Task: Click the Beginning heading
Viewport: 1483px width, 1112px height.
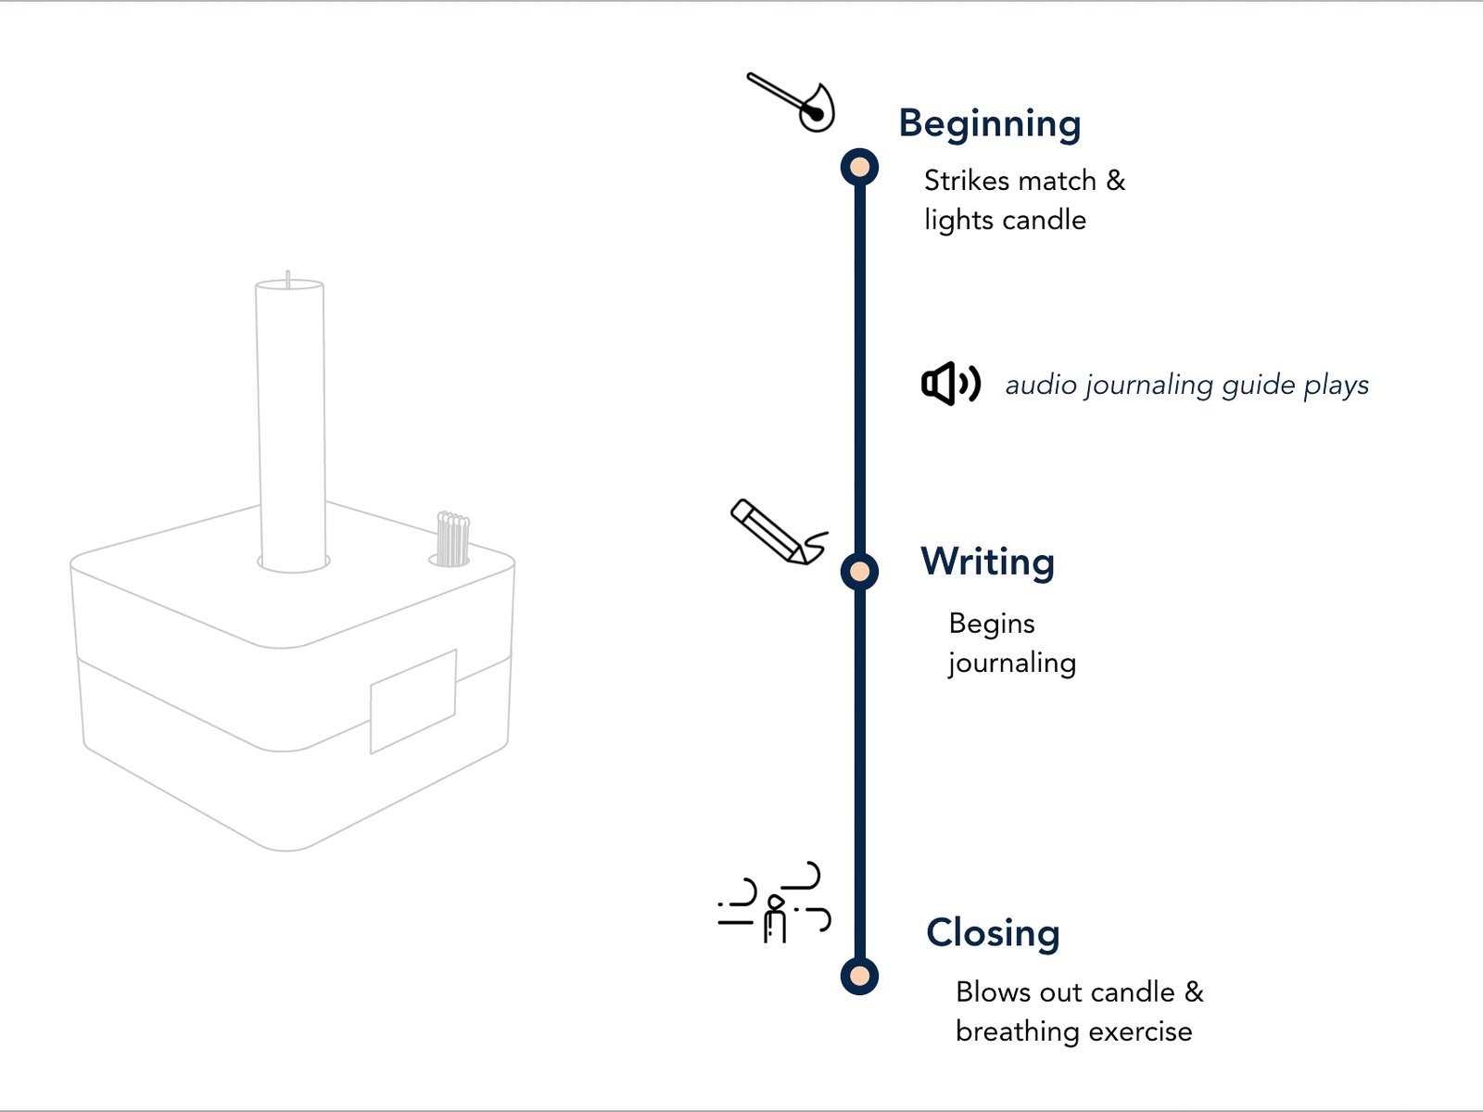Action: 989,123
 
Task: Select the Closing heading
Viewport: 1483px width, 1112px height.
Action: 993,934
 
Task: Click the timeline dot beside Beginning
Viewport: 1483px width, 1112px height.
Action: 859,168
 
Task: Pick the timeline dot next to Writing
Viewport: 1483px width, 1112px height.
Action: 859,572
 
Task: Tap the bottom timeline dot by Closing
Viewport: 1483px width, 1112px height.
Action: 859,977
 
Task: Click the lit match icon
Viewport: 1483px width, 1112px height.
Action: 792,102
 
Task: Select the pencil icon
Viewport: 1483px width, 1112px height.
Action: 779,533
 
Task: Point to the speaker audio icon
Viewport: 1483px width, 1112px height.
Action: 951,385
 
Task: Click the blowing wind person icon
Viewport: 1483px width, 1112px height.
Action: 774,903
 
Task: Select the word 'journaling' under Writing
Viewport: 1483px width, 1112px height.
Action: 1012,663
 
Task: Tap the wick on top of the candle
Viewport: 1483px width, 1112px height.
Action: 288,280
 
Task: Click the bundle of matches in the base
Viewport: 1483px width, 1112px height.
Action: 452,538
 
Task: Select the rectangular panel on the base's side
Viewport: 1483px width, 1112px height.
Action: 412,701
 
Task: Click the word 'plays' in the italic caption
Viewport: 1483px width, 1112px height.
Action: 1336,386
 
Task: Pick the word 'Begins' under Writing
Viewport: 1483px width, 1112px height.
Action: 991,625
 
